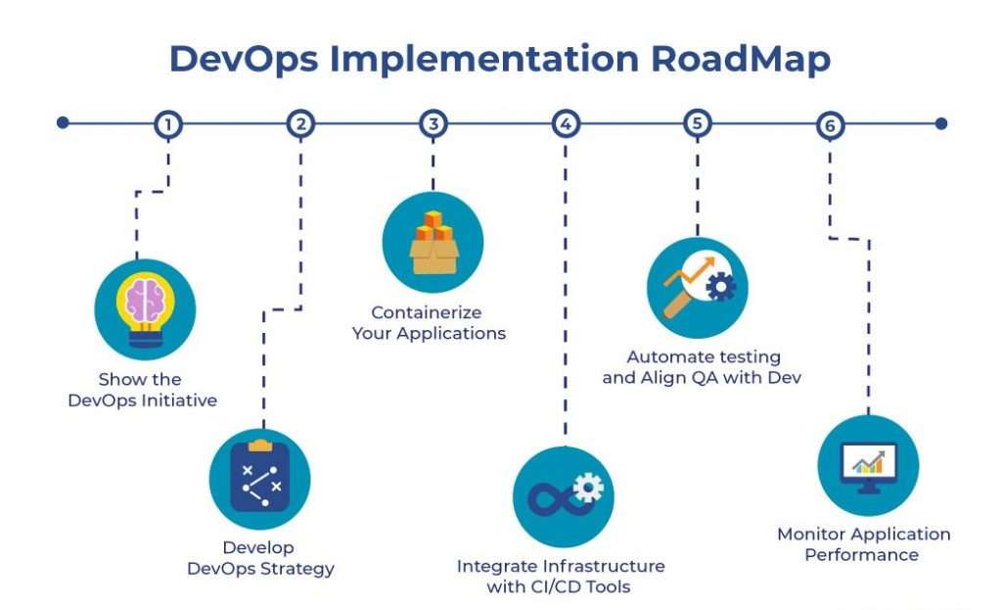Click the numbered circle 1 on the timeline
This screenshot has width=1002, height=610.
[168, 124]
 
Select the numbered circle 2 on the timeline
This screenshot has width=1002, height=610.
[300, 124]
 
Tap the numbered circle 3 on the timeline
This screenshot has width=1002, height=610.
[433, 124]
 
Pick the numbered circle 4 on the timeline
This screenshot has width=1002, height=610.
[566, 124]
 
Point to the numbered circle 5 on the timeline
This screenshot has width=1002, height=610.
[697, 123]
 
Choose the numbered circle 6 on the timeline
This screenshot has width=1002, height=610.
[830, 125]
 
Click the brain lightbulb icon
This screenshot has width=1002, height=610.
[145, 309]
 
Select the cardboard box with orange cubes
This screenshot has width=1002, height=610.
[433, 243]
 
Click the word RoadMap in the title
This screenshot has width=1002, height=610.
[741, 59]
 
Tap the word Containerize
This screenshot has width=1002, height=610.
[427, 312]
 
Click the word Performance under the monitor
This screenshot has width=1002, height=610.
[861, 555]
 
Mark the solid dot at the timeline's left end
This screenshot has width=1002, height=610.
[63, 122]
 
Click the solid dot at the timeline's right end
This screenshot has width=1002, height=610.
[941, 123]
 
